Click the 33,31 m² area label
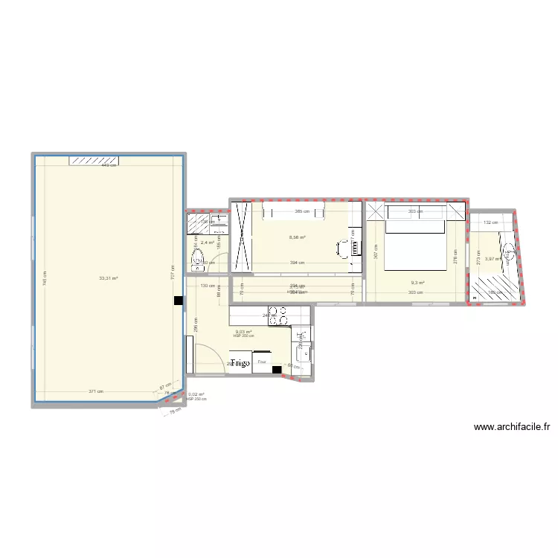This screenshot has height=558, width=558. click(x=109, y=278)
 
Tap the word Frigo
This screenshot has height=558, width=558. click(x=240, y=363)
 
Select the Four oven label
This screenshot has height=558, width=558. click(x=261, y=362)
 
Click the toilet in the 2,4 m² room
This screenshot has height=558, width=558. click(x=199, y=258)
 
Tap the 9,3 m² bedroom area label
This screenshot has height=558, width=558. click(x=417, y=283)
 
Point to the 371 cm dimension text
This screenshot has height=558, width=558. click(x=95, y=391)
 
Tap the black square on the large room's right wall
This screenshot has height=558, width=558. click(x=178, y=301)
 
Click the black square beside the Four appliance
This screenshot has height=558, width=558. click(x=277, y=369)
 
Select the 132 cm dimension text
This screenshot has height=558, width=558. click(x=490, y=222)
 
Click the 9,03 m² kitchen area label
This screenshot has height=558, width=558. click(x=243, y=332)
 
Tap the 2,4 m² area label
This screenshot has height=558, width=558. click(x=207, y=243)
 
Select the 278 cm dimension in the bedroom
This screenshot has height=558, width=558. click(x=456, y=257)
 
